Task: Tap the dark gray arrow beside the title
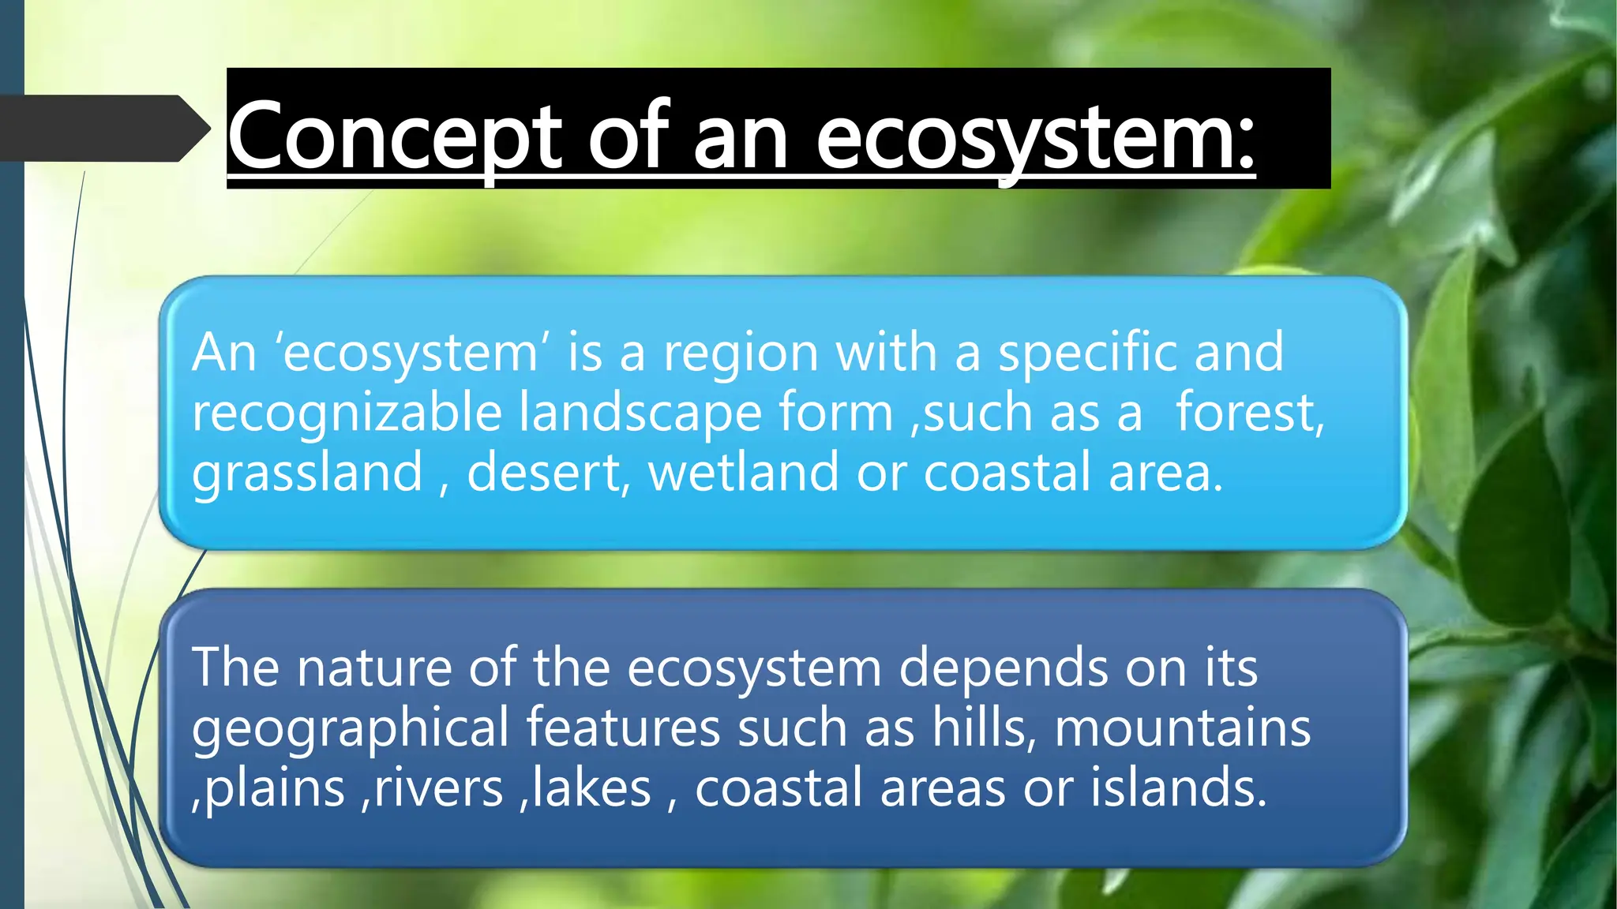[x=103, y=129]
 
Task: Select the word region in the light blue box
[x=740, y=353]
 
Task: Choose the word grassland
[x=307, y=473]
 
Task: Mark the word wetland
[x=743, y=473]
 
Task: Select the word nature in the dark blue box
[x=373, y=668]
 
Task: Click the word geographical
[x=350, y=728]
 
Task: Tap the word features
[x=623, y=728]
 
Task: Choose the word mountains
[x=1182, y=728]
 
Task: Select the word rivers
[x=438, y=788]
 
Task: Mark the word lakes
[x=591, y=788]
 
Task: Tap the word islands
[x=1178, y=788]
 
